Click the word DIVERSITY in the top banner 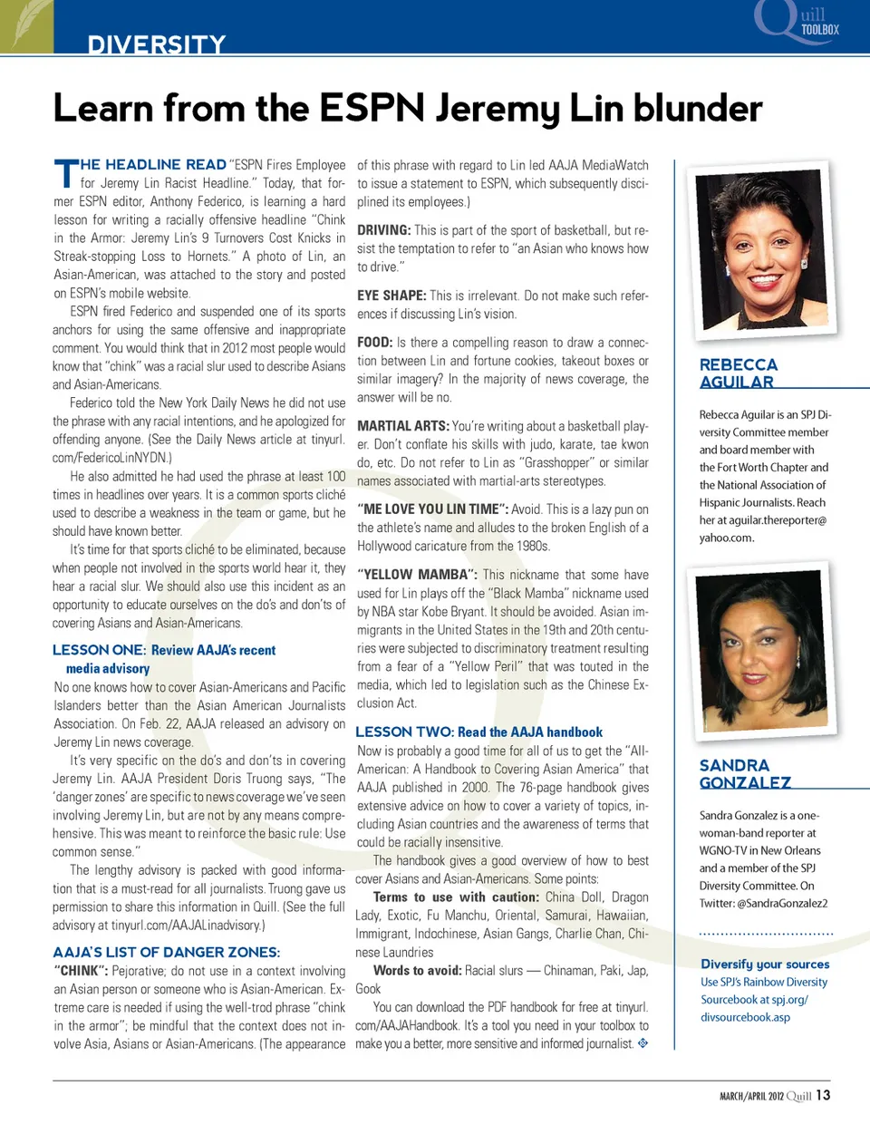pyautogui.click(x=156, y=44)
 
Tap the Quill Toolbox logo pyautogui.click(x=798, y=22)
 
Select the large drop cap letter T pyautogui.click(x=66, y=175)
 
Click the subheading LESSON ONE pyautogui.click(x=98, y=650)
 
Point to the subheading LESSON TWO pyautogui.click(x=405, y=732)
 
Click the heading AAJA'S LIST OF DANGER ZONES pyautogui.click(x=167, y=952)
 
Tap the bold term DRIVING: pyautogui.click(x=383, y=230)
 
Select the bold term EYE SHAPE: pyautogui.click(x=391, y=296)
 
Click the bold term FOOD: pyautogui.click(x=374, y=343)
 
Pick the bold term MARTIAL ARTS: pyautogui.click(x=402, y=426)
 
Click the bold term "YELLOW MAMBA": pyautogui.click(x=417, y=575)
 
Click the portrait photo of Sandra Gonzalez pyautogui.click(x=764, y=651)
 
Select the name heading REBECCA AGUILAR pyautogui.click(x=738, y=373)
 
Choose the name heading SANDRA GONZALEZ pyautogui.click(x=744, y=773)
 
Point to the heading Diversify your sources pyautogui.click(x=765, y=964)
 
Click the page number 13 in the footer pyautogui.click(x=823, y=1095)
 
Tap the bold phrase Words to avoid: pyautogui.click(x=417, y=970)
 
